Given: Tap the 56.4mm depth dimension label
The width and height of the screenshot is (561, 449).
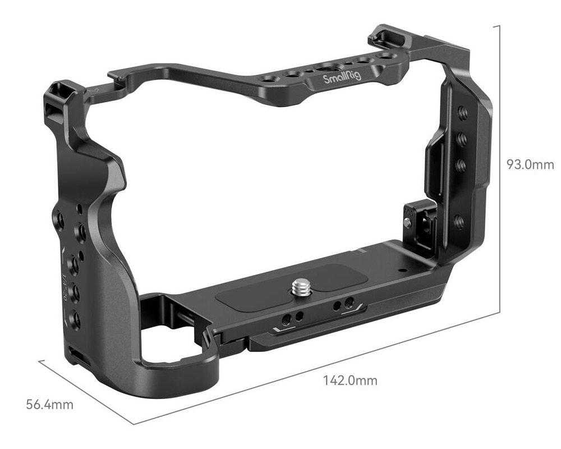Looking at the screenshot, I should point(50,404).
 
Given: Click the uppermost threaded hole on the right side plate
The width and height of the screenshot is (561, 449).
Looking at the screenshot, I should point(463,113).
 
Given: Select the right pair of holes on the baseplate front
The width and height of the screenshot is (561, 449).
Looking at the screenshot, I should point(343,305).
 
